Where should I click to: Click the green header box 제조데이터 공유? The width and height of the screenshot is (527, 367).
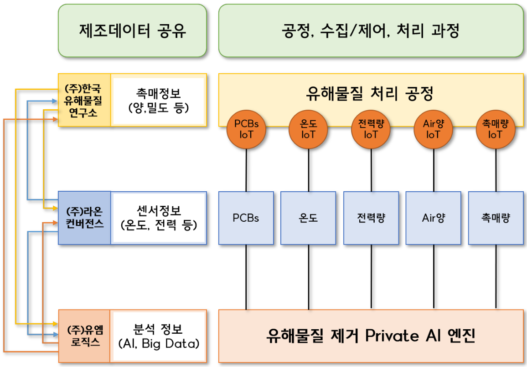[132, 31]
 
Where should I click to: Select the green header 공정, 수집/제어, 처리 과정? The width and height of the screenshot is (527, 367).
[371, 31]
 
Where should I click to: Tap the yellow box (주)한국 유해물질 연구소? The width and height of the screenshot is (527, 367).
[84, 100]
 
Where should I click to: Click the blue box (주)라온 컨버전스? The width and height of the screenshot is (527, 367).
[84, 218]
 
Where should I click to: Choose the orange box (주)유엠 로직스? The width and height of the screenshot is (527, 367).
[83, 336]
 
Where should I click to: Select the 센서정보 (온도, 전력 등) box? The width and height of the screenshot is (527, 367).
[158, 218]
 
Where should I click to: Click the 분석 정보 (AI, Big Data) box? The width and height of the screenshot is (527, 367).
[158, 336]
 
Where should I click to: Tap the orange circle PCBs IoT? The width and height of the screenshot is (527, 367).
[246, 129]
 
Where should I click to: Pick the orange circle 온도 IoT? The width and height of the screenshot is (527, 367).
[309, 129]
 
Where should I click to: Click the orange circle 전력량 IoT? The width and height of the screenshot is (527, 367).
[371, 129]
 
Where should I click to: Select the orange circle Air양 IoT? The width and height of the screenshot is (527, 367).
[433, 129]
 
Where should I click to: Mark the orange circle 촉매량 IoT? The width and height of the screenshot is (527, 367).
[495, 129]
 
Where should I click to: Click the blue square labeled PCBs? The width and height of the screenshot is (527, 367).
[246, 218]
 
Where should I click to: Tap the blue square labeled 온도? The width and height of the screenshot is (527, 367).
[308, 218]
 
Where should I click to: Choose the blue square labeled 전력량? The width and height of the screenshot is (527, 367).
[371, 218]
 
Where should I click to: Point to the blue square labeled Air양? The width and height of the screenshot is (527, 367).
[433, 218]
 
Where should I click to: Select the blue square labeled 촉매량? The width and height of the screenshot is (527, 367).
[496, 218]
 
